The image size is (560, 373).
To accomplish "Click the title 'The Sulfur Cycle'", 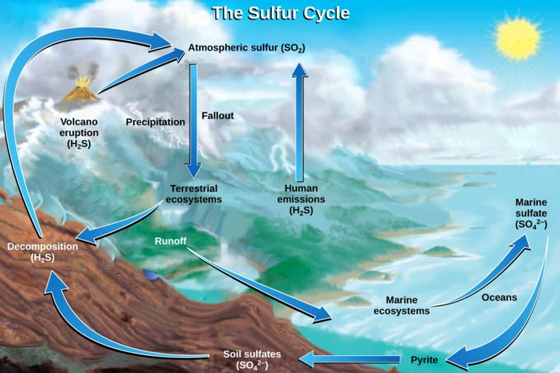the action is click(x=281, y=14).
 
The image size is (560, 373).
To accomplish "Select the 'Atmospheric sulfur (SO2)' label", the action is click(x=246, y=48).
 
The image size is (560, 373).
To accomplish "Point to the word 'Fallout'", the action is click(x=217, y=116).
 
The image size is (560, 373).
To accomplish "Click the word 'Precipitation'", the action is click(x=155, y=122).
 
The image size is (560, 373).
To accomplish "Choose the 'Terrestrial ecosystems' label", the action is click(x=194, y=194).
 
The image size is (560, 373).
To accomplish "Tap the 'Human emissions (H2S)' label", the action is click(x=301, y=199).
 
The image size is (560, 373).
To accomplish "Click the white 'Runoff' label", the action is click(x=170, y=241).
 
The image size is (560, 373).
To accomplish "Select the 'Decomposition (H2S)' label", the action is click(x=43, y=251).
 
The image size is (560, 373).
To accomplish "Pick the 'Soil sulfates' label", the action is click(x=252, y=360).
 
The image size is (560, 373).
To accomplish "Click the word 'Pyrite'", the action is click(x=424, y=360).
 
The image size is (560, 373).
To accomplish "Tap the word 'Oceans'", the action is click(x=499, y=298).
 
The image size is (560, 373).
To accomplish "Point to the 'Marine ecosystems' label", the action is click(x=402, y=305).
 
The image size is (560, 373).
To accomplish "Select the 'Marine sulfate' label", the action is click(x=531, y=213).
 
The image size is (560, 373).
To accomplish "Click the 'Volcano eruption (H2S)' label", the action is click(x=78, y=133).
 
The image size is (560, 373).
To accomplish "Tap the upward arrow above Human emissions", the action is click(x=299, y=122).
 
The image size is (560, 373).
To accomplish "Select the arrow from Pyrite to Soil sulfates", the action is click(x=349, y=359).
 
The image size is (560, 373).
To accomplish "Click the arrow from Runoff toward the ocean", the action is click(x=260, y=283).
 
